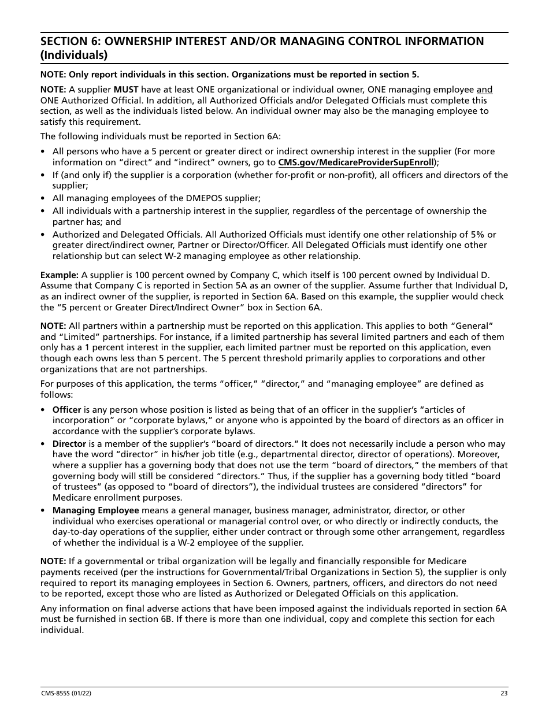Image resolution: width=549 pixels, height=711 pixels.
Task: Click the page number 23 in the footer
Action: [505, 694]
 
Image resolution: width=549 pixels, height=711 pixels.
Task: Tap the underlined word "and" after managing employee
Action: [484, 90]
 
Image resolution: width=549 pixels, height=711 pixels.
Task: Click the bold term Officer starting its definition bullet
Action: [67, 409]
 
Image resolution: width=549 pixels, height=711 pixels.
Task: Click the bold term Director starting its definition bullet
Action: [69, 444]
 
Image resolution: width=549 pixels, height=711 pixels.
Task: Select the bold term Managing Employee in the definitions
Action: [96, 510]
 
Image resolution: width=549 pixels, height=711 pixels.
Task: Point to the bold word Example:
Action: [60, 275]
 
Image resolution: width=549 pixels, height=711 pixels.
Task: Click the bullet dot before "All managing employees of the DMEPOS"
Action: [43, 198]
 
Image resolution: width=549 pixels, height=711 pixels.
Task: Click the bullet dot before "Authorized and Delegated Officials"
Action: [43, 235]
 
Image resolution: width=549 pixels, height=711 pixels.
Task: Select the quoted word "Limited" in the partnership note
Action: [62, 336]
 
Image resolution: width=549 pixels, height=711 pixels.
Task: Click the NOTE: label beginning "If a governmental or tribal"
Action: [53, 561]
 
